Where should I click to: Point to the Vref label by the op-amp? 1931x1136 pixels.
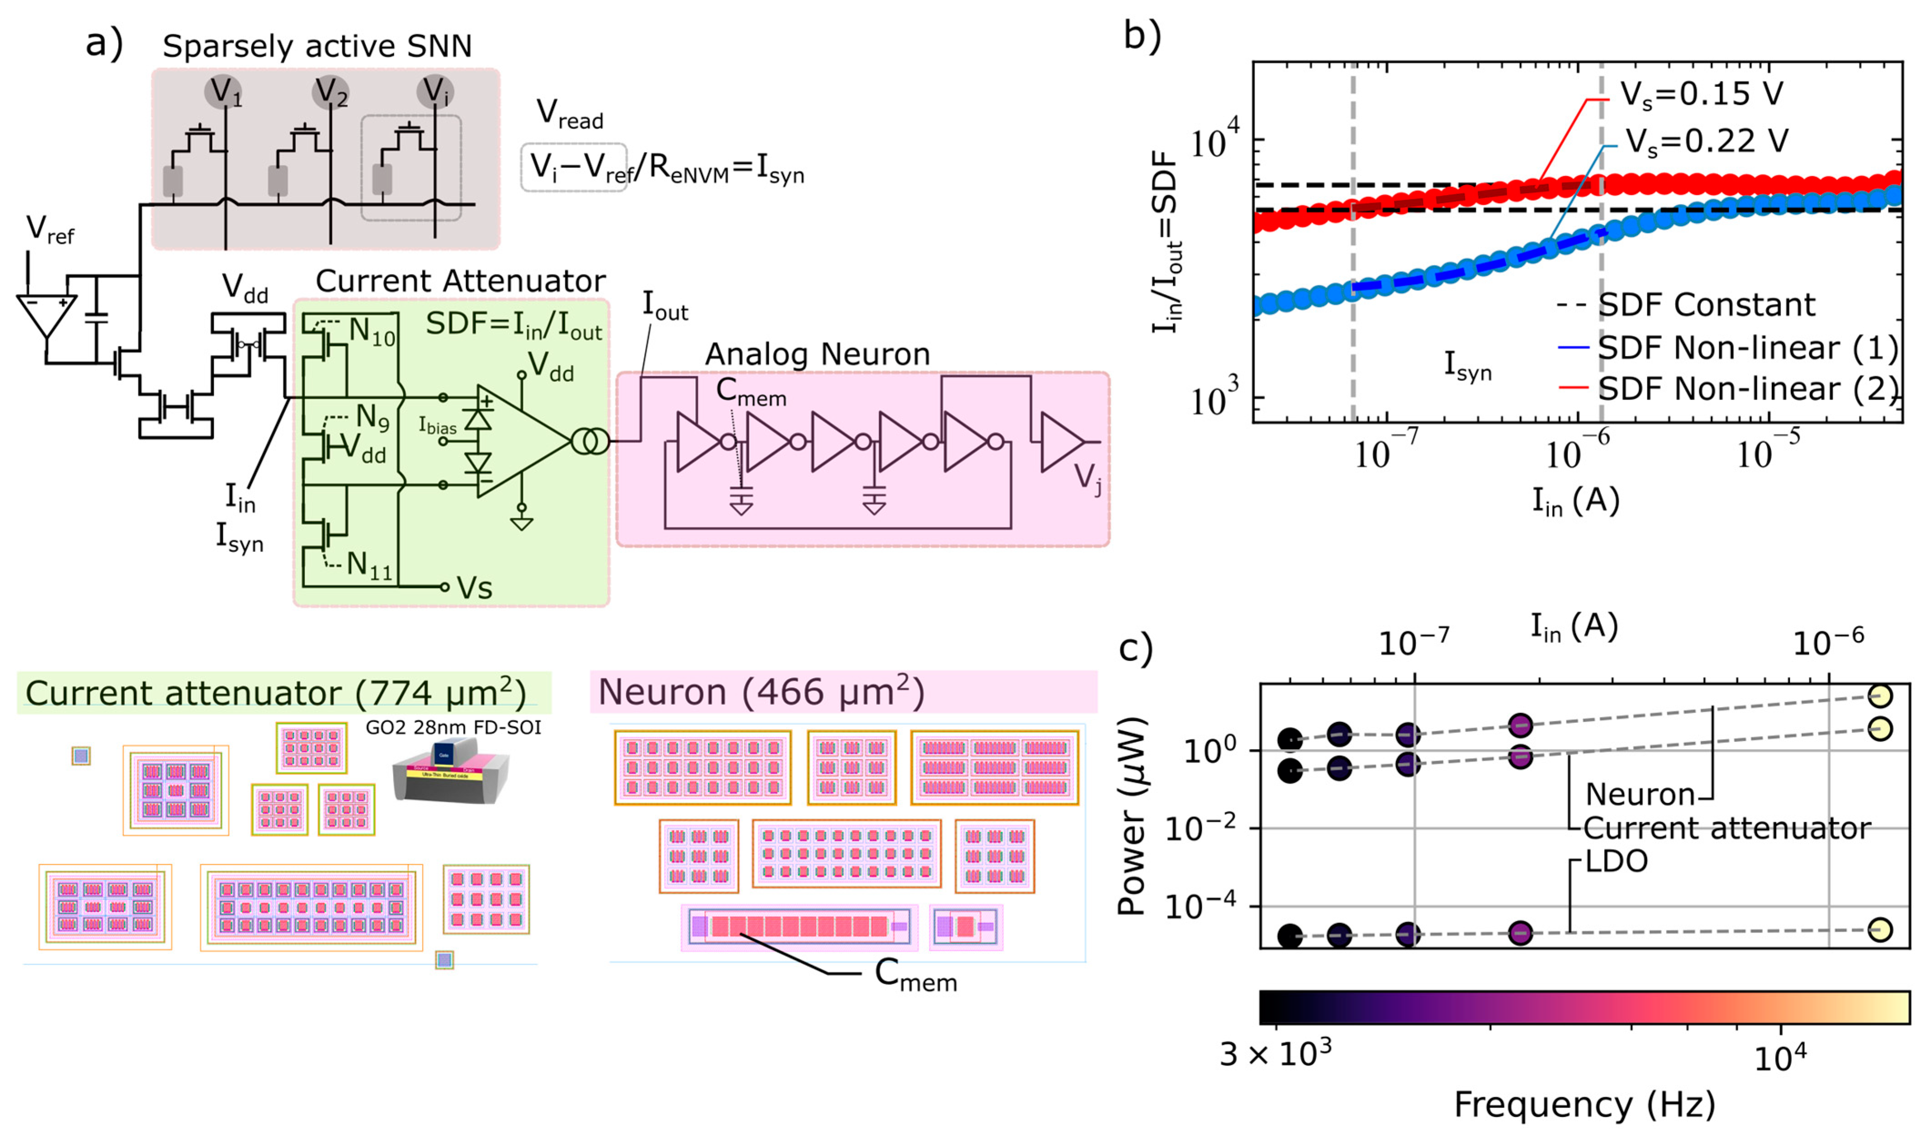click(x=50, y=229)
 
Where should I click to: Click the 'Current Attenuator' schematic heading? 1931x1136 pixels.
click(x=460, y=281)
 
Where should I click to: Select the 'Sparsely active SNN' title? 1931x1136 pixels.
click(x=317, y=46)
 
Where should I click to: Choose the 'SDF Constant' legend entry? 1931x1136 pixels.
click(x=1706, y=305)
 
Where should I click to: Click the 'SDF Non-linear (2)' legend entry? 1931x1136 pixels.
click(x=1747, y=390)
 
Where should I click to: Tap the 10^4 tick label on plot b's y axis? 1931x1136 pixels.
click(x=1218, y=142)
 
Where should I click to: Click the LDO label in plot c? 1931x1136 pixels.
click(x=1616, y=862)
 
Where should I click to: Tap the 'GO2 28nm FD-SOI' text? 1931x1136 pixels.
click(x=453, y=727)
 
